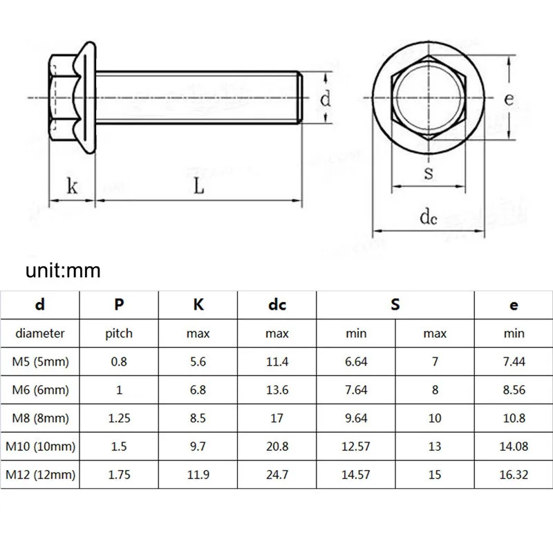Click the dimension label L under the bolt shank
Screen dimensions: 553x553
[x=198, y=187]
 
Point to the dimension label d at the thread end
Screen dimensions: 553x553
[x=324, y=99]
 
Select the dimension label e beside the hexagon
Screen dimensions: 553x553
[x=508, y=99]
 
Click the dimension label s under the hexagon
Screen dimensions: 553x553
[x=428, y=172]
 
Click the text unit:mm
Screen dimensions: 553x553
[x=63, y=270]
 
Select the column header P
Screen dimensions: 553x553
[x=119, y=305]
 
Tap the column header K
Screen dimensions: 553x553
[x=198, y=305]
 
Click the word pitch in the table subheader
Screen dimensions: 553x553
[x=119, y=333]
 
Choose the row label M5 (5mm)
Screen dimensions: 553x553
[x=40, y=362]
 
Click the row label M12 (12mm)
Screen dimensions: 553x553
[x=40, y=475]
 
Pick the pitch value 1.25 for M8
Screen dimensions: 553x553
[x=119, y=418]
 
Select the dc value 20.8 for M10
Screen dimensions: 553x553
[x=276, y=447]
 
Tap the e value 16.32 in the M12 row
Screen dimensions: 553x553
[x=514, y=475]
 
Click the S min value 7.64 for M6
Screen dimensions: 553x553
[x=356, y=390]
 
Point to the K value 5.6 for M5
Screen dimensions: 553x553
[x=198, y=362]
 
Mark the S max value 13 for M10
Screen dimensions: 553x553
[x=435, y=447]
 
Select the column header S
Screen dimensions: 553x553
[x=395, y=305]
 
